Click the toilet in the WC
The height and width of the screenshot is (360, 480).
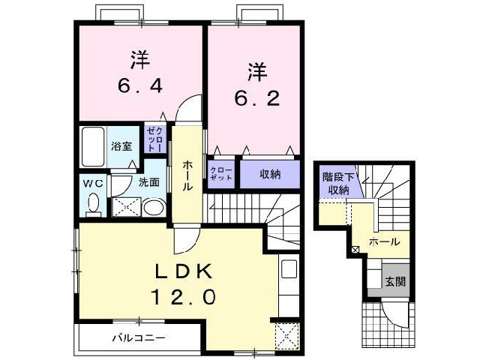94,202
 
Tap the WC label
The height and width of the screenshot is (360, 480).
92,182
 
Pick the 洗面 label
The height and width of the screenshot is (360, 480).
148,182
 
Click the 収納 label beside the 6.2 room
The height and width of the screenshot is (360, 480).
270,174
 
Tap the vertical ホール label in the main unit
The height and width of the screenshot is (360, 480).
186,175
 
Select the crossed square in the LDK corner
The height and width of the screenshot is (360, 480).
286,334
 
